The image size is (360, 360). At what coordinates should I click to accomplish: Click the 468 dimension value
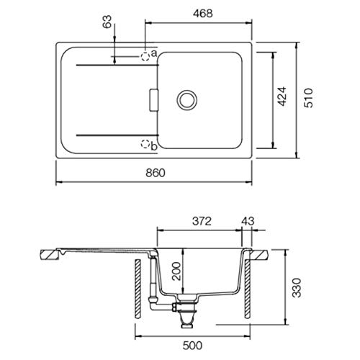tap(203, 14)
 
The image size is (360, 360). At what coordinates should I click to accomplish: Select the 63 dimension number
tap(107, 22)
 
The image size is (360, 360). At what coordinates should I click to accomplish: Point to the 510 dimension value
tap(308, 98)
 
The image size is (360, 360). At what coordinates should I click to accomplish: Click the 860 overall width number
tap(156, 173)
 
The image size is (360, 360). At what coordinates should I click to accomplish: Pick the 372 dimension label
tap(202, 221)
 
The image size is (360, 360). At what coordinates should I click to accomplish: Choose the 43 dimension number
tap(248, 221)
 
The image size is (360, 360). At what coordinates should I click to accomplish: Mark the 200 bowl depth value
tap(176, 271)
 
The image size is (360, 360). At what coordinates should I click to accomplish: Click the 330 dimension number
tap(297, 288)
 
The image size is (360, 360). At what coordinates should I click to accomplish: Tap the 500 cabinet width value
tap(192, 346)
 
